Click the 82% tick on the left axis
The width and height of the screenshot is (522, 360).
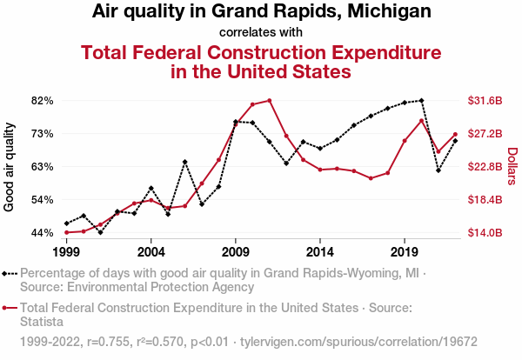[43, 101]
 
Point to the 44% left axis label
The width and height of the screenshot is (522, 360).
[43, 233]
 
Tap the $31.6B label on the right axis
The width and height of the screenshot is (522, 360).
[485, 101]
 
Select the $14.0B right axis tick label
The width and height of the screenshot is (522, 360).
[485, 233]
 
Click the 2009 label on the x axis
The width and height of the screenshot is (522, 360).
[236, 251]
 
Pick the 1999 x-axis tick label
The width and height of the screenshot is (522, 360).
[66, 251]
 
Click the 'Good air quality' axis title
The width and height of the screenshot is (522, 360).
[10, 167]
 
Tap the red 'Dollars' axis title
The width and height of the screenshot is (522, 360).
[512, 166]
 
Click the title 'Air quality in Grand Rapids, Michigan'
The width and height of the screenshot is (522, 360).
[261, 12]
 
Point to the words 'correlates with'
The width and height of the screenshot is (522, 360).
[261, 32]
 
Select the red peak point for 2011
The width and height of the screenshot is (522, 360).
[270, 100]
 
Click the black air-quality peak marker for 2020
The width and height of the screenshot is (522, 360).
[422, 100]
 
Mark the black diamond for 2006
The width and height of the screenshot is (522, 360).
[185, 162]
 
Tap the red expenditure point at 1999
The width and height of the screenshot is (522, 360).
[66, 232]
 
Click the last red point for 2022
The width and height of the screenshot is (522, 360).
[455, 134]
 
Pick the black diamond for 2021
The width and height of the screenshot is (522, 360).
[438, 170]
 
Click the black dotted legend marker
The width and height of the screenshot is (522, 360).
[10, 272]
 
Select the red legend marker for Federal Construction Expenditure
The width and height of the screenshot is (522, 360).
[10, 307]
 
